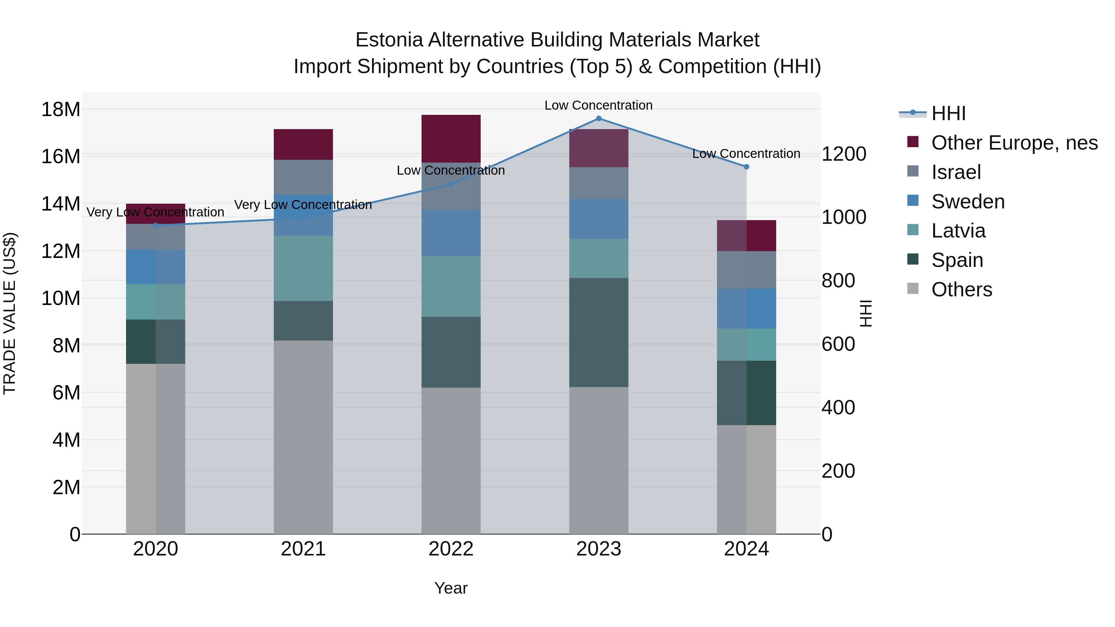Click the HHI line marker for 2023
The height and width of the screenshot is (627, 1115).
pos(599,119)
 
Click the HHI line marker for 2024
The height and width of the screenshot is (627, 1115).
pos(746,167)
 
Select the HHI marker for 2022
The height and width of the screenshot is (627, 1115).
pos(451,184)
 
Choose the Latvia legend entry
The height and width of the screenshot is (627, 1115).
pos(958,231)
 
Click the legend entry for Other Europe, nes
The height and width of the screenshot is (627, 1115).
pos(1014,143)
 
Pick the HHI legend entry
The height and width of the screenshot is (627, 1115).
pos(948,113)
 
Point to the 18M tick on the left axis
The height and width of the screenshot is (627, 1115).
pos(61,110)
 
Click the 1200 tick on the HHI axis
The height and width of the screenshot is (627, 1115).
pos(844,154)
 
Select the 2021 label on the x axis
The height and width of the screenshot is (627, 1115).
pos(303,549)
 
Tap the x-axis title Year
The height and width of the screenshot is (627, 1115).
pos(451,588)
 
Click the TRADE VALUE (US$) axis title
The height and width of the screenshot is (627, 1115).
pos(10,313)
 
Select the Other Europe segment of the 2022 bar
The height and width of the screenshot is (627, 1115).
pos(451,138)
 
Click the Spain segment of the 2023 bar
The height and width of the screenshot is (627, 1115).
pos(599,332)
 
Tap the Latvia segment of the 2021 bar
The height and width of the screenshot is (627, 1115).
pos(303,268)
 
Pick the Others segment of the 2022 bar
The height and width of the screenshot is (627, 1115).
pos(451,460)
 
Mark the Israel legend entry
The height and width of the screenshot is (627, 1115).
pos(956,172)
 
